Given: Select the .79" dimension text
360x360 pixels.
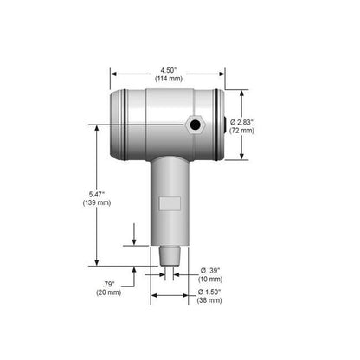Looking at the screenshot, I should pos(108,284).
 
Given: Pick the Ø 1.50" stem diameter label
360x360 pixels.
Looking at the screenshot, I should pos(208,292).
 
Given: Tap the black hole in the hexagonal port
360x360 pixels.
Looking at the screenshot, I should pos(196,126).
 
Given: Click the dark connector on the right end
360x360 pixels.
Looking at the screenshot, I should pos(228,124).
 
